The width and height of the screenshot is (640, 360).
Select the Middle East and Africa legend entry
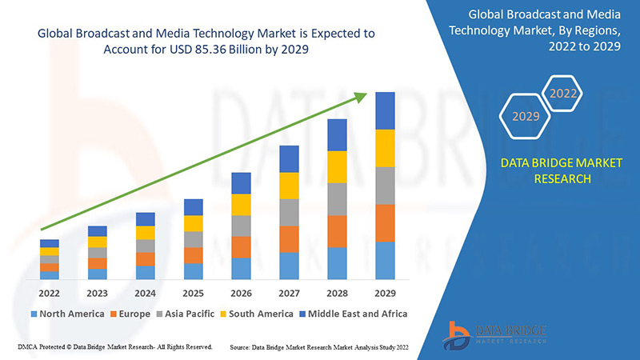351,314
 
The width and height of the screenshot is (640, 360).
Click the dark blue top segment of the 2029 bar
385,110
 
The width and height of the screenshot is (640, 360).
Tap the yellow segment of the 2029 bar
385,148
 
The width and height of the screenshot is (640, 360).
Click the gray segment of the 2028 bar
337,199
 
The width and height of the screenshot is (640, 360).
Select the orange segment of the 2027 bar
289,239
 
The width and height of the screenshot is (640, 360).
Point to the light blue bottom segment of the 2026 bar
241,269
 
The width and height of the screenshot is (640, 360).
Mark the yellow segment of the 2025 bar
193,223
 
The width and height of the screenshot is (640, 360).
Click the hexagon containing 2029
525,116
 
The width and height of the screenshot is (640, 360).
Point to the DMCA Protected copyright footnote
114,348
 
